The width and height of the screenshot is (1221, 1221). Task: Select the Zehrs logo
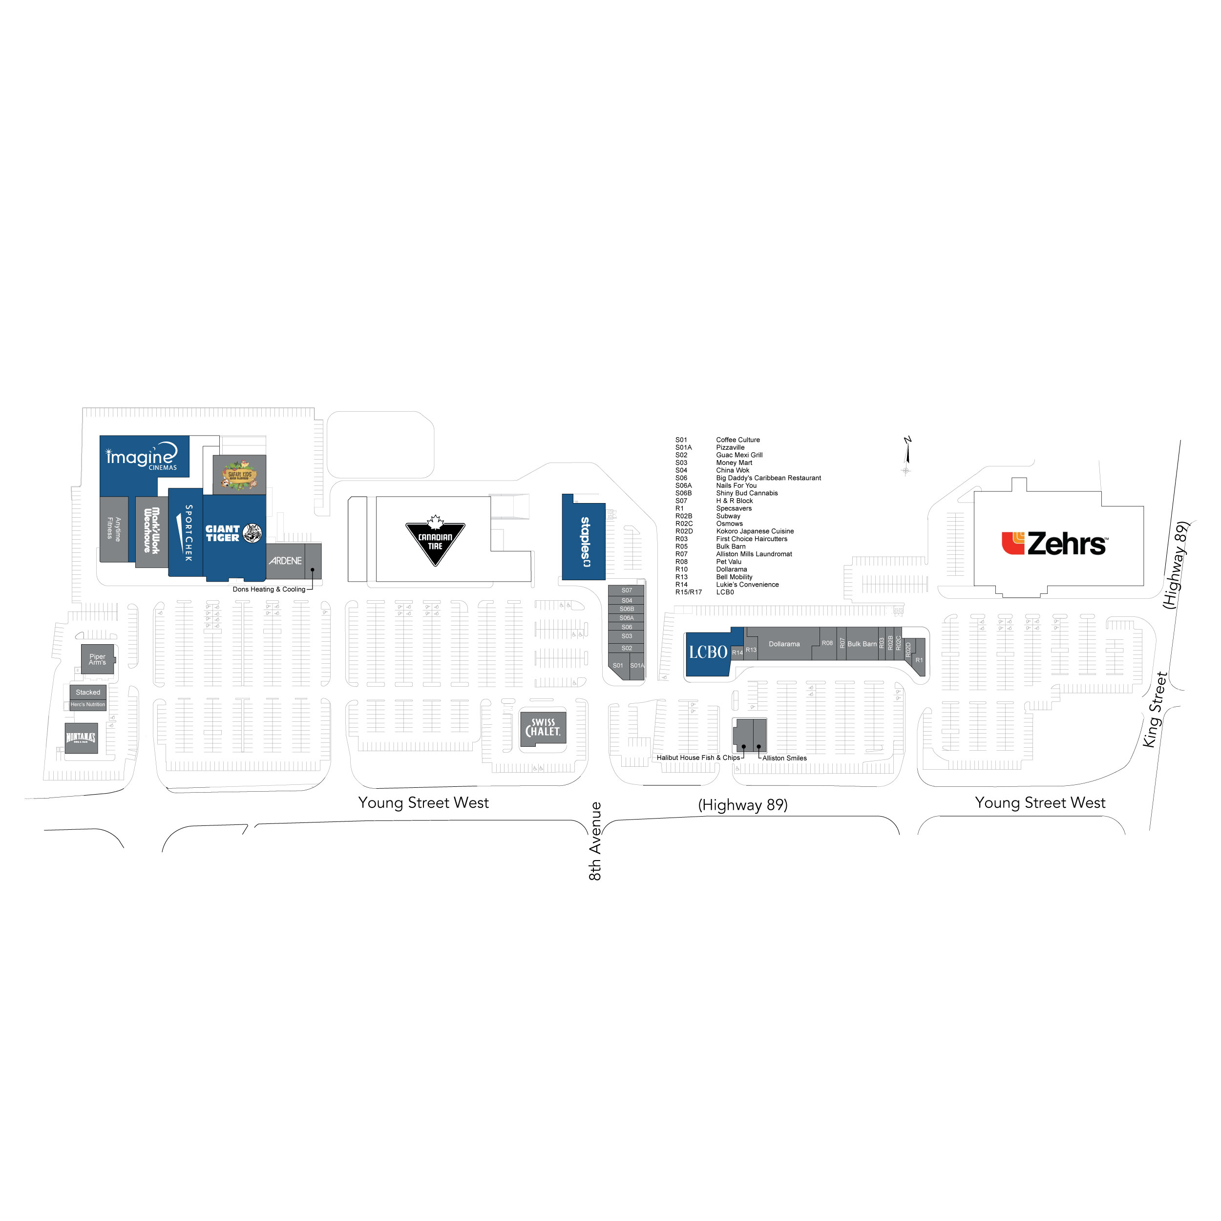pyautogui.click(x=1053, y=544)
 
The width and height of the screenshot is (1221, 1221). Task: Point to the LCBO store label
pyautogui.click(x=708, y=652)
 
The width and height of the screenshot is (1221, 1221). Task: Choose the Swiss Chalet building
pyautogui.click(x=543, y=728)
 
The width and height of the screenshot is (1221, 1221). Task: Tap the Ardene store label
pyautogui.click(x=285, y=561)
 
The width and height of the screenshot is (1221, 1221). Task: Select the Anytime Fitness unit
pyautogui.click(x=114, y=528)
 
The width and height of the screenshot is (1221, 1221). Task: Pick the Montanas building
pyautogui.click(x=81, y=737)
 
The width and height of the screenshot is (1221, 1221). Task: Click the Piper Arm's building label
pyautogui.click(x=97, y=659)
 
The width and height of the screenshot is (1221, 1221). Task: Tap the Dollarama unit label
pyautogui.click(x=784, y=644)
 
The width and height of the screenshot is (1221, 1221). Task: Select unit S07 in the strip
pyautogui.click(x=626, y=590)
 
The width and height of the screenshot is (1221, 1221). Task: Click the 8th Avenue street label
pyautogui.click(x=595, y=841)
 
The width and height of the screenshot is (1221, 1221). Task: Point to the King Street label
pyautogui.click(x=1155, y=710)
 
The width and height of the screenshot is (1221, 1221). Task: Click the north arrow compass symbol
pyautogui.click(x=907, y=455)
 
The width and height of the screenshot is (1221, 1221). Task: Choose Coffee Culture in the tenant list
pyautogui.click(x=737, y=440)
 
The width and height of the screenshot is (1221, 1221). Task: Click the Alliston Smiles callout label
pyautogui.click(x=784, y=758)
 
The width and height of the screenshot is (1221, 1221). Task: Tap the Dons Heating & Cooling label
pyautogui.click(x=269, y=589)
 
